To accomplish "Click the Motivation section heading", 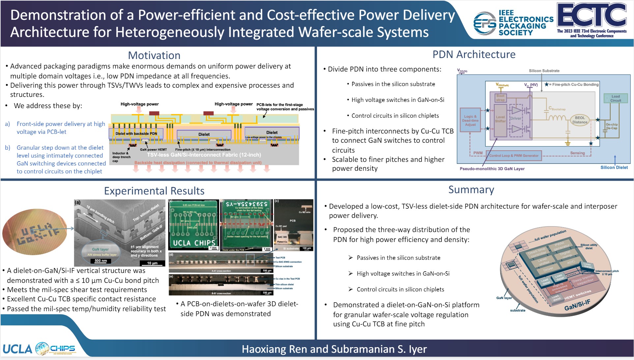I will pos(154,55).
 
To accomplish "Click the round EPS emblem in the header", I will pos(484,23).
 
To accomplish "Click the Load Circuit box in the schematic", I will pos(615,98).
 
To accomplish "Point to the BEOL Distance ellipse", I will pos(580,120).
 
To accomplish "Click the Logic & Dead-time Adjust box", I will pos(470,120).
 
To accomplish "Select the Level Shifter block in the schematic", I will pos(500,119).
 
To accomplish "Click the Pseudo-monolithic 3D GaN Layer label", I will pos(492,169).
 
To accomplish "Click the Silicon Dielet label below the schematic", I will pos(614,167).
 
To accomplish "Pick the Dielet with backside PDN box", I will pos(136,134).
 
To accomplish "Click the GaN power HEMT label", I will pos(153,150).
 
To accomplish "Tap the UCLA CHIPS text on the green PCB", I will pos(194,243).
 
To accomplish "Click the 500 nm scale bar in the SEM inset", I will pos(101,261).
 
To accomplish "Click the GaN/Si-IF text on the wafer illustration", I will pos(577,305).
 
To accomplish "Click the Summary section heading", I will pos(471,190).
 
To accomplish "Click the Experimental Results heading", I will pos(154,191).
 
